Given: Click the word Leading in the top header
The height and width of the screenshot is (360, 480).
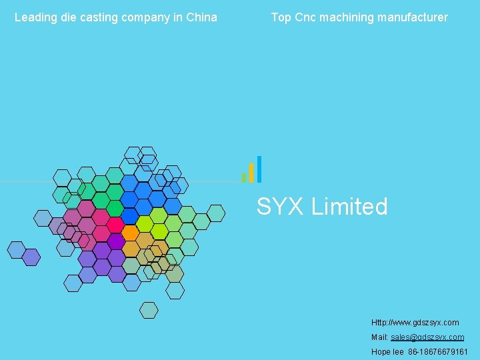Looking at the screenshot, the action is (x=36, y=17).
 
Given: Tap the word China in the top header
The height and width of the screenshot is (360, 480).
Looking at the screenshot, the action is (x=202, y=17).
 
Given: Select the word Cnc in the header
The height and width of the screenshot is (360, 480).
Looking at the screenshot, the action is (x=304, y=17).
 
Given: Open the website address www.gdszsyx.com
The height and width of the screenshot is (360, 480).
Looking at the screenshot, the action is (x=415, y=323).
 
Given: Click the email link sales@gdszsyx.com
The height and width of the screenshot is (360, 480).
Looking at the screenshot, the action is (x=427, y=337).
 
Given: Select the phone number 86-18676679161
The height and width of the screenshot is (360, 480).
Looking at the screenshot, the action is (x=438, y=352).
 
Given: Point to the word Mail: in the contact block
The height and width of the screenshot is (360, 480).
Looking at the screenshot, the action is (x=379, y=337).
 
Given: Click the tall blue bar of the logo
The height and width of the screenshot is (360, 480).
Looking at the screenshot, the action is (x=259, y=169).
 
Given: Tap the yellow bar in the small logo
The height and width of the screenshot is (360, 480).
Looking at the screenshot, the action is (x=251, y=173).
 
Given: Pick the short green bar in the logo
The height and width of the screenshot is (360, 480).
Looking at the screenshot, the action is (x=244, y=177).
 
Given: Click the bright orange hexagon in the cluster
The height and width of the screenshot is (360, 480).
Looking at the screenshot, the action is (x=131, y=233).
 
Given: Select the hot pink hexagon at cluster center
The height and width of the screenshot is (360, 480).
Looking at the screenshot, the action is (x=115, y=224).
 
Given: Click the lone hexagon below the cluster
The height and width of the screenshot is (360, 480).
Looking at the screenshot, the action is (x=149, y=310).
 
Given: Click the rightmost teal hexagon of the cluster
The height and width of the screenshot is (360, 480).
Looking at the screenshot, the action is (x=215, y=213).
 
